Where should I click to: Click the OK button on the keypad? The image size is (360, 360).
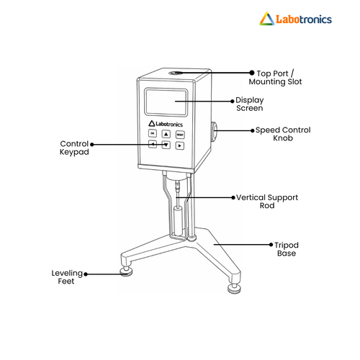click(153, 133)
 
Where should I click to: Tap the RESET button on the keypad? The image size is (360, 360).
click(180, 135)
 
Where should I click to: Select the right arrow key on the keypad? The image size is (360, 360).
click(180, 145)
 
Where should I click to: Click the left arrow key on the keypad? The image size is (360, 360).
click(153, 144)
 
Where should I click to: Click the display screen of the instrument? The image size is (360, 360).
click(166, 102)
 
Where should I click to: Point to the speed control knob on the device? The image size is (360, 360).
click(214, 132)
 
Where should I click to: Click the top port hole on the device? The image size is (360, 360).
click(176, 73)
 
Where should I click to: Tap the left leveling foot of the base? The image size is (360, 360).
click(126, 271)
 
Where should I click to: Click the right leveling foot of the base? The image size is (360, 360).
click(234, 289)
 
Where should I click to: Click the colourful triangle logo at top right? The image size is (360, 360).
click(267, 19)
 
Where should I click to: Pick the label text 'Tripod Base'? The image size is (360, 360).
click(287, 249)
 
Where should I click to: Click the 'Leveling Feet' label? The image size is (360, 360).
click(67, 277)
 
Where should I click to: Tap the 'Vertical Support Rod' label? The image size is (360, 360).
click(267, 202)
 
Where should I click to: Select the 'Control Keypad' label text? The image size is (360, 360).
click(74, 148)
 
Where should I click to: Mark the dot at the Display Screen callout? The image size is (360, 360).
click(232, 102)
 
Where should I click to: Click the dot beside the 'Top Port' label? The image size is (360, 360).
click(252, 73)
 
